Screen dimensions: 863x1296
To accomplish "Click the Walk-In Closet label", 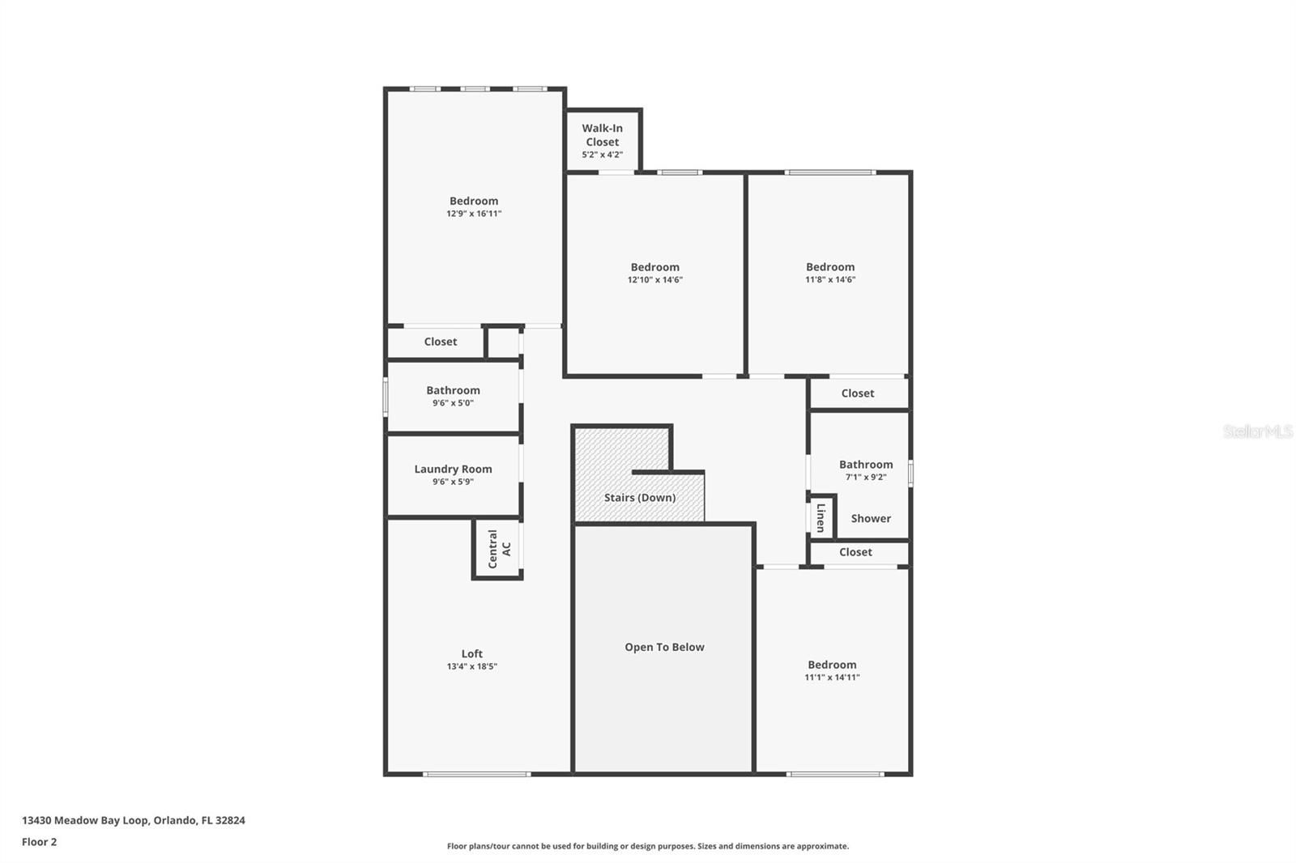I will (602, 134).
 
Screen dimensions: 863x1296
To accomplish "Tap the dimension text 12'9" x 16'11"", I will (474, 214).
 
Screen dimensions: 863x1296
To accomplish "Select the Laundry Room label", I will (453, 469).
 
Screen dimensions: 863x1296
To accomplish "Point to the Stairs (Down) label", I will (639, 497).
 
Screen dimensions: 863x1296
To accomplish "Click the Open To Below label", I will (664, 647).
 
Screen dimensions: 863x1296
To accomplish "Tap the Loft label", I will (471, 653).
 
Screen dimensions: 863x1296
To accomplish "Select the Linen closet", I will (821, 517).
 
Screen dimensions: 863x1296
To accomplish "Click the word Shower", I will (871, 518).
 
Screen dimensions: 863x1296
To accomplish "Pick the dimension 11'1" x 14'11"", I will (832, 678).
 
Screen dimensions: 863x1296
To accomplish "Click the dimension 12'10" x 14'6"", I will (654, 280).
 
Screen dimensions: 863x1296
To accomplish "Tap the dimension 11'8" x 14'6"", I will (830, 280).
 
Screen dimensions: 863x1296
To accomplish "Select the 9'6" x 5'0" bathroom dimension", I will (453, 403).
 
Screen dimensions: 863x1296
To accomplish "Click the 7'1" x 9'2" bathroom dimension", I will (866, 478).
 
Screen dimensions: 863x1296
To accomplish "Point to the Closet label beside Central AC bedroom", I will (440, 342).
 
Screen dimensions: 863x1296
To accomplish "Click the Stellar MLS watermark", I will (1257, 431).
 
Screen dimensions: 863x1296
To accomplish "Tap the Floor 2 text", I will (39, 842).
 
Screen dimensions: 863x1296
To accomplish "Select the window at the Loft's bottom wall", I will (476, 775).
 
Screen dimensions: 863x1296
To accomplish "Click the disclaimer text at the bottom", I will (647, 846).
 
